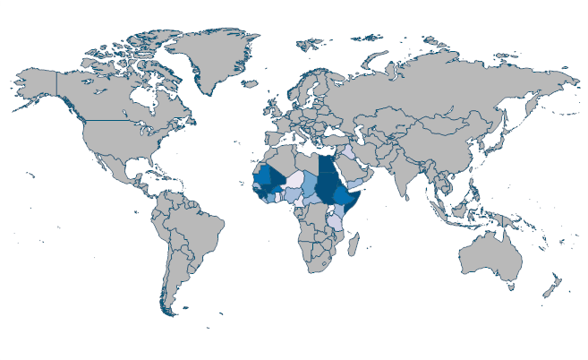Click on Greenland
(210, 58)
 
